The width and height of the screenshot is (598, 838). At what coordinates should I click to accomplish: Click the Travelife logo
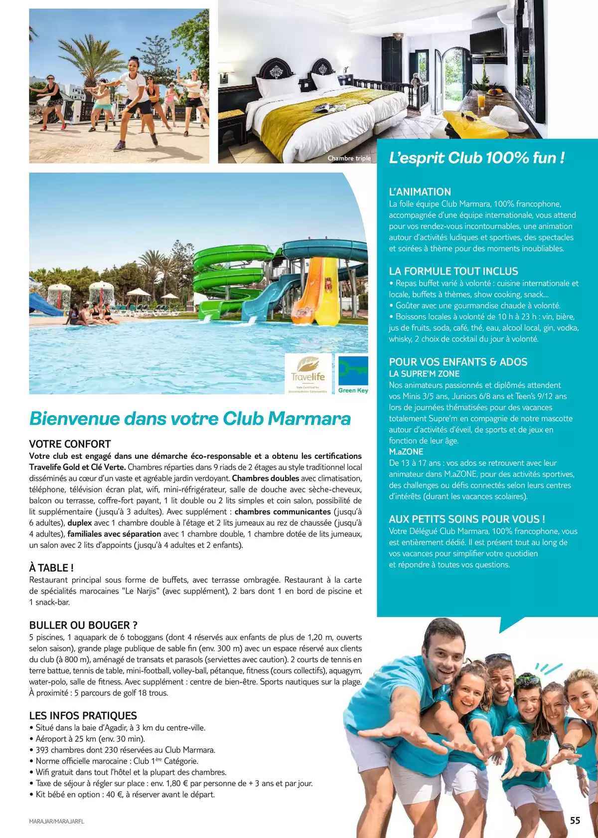click(308, 375)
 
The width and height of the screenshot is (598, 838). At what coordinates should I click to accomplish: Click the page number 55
click(575, 821)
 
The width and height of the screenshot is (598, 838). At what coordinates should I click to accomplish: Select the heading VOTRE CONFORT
click(70, 444)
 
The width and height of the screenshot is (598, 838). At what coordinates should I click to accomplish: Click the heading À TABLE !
click(51, 568)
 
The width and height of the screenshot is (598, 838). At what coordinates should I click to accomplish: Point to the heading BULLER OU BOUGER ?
click(83, 625)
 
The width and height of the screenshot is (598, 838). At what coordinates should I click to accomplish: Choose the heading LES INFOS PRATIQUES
click(83, 715)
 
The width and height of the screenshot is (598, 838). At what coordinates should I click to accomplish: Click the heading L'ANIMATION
click(420, 192)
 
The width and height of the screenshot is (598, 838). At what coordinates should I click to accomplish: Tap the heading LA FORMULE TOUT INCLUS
click(453, 271)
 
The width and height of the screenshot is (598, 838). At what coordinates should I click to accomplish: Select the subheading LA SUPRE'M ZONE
click(424, 374)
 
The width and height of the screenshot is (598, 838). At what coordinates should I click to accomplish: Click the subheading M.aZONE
click(406, 451)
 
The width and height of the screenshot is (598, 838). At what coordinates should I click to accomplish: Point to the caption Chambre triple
click(349, 158)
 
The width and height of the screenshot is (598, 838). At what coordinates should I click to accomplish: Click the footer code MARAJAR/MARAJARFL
click(57, 821)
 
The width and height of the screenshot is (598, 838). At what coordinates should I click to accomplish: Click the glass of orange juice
click(481, 100)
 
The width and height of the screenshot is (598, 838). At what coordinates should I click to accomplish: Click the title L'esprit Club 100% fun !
click(476, 158)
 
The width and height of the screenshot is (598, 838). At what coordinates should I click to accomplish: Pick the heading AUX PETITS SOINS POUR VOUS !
click(466, 519)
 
